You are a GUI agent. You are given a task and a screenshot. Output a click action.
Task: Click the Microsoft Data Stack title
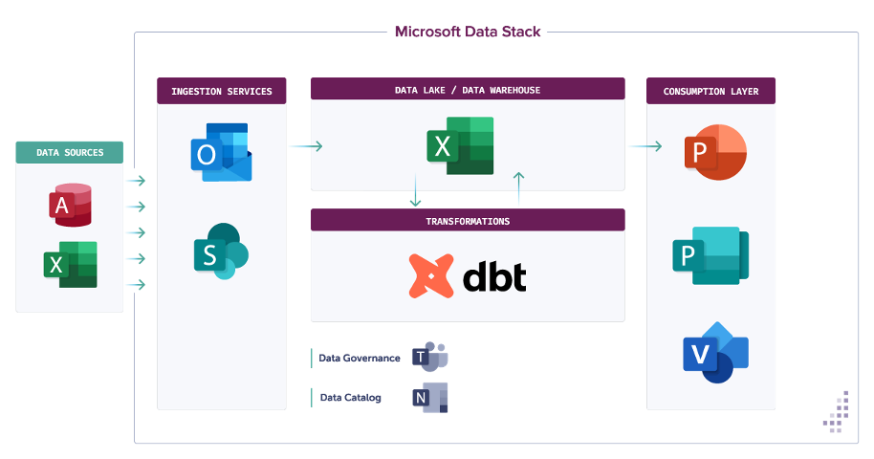[468, 32]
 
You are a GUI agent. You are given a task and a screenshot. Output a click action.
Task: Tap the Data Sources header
[70, 152]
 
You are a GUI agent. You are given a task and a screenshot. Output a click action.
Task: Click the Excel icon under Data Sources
[70, 265]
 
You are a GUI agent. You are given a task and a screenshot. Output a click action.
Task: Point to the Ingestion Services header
[222, 92]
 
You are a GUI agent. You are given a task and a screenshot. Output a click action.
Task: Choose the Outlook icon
[221, 152]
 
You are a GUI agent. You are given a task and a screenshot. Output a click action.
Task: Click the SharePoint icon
[221, 251]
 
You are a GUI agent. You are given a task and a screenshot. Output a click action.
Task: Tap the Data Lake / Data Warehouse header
[468, 90]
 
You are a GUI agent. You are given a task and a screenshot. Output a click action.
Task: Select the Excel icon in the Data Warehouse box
[460, 145]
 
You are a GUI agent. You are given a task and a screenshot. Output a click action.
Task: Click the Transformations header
[468, 221]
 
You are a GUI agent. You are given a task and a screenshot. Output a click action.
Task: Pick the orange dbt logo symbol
[430, 275]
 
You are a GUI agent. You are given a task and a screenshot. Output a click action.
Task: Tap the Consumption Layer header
[710, 92]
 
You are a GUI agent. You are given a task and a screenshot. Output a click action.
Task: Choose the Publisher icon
[710, 255]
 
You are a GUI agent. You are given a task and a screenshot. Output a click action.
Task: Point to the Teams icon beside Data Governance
[429, 357]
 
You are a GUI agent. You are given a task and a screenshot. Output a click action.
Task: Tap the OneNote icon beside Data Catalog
[429, 397]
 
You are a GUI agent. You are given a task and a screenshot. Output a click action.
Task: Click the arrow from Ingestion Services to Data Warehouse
[305, 146]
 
